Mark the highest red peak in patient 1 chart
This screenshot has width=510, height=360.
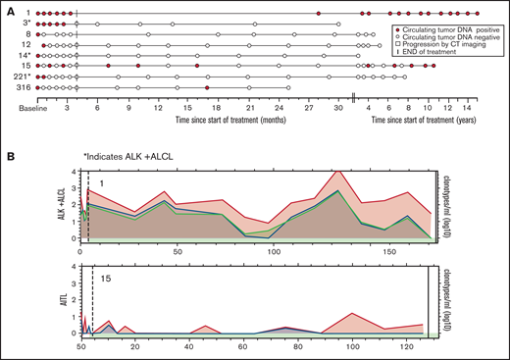(x=337, y=171)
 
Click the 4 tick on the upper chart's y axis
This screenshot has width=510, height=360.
(x=75, y=172)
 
